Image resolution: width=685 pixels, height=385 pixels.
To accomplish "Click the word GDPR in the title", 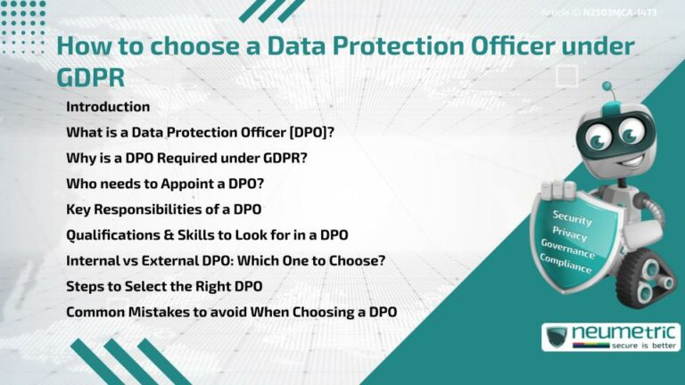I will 90,77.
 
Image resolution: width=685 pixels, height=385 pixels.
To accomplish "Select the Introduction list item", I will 108,107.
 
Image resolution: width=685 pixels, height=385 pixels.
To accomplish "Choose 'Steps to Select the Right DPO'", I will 164,287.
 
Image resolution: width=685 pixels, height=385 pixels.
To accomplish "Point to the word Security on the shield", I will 572,217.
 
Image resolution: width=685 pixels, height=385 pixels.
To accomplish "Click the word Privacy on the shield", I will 569,234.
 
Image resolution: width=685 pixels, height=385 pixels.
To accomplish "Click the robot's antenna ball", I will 607,87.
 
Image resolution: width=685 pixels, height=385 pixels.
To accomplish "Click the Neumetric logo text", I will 623,332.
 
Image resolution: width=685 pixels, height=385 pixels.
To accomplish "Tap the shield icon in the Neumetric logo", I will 557,337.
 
